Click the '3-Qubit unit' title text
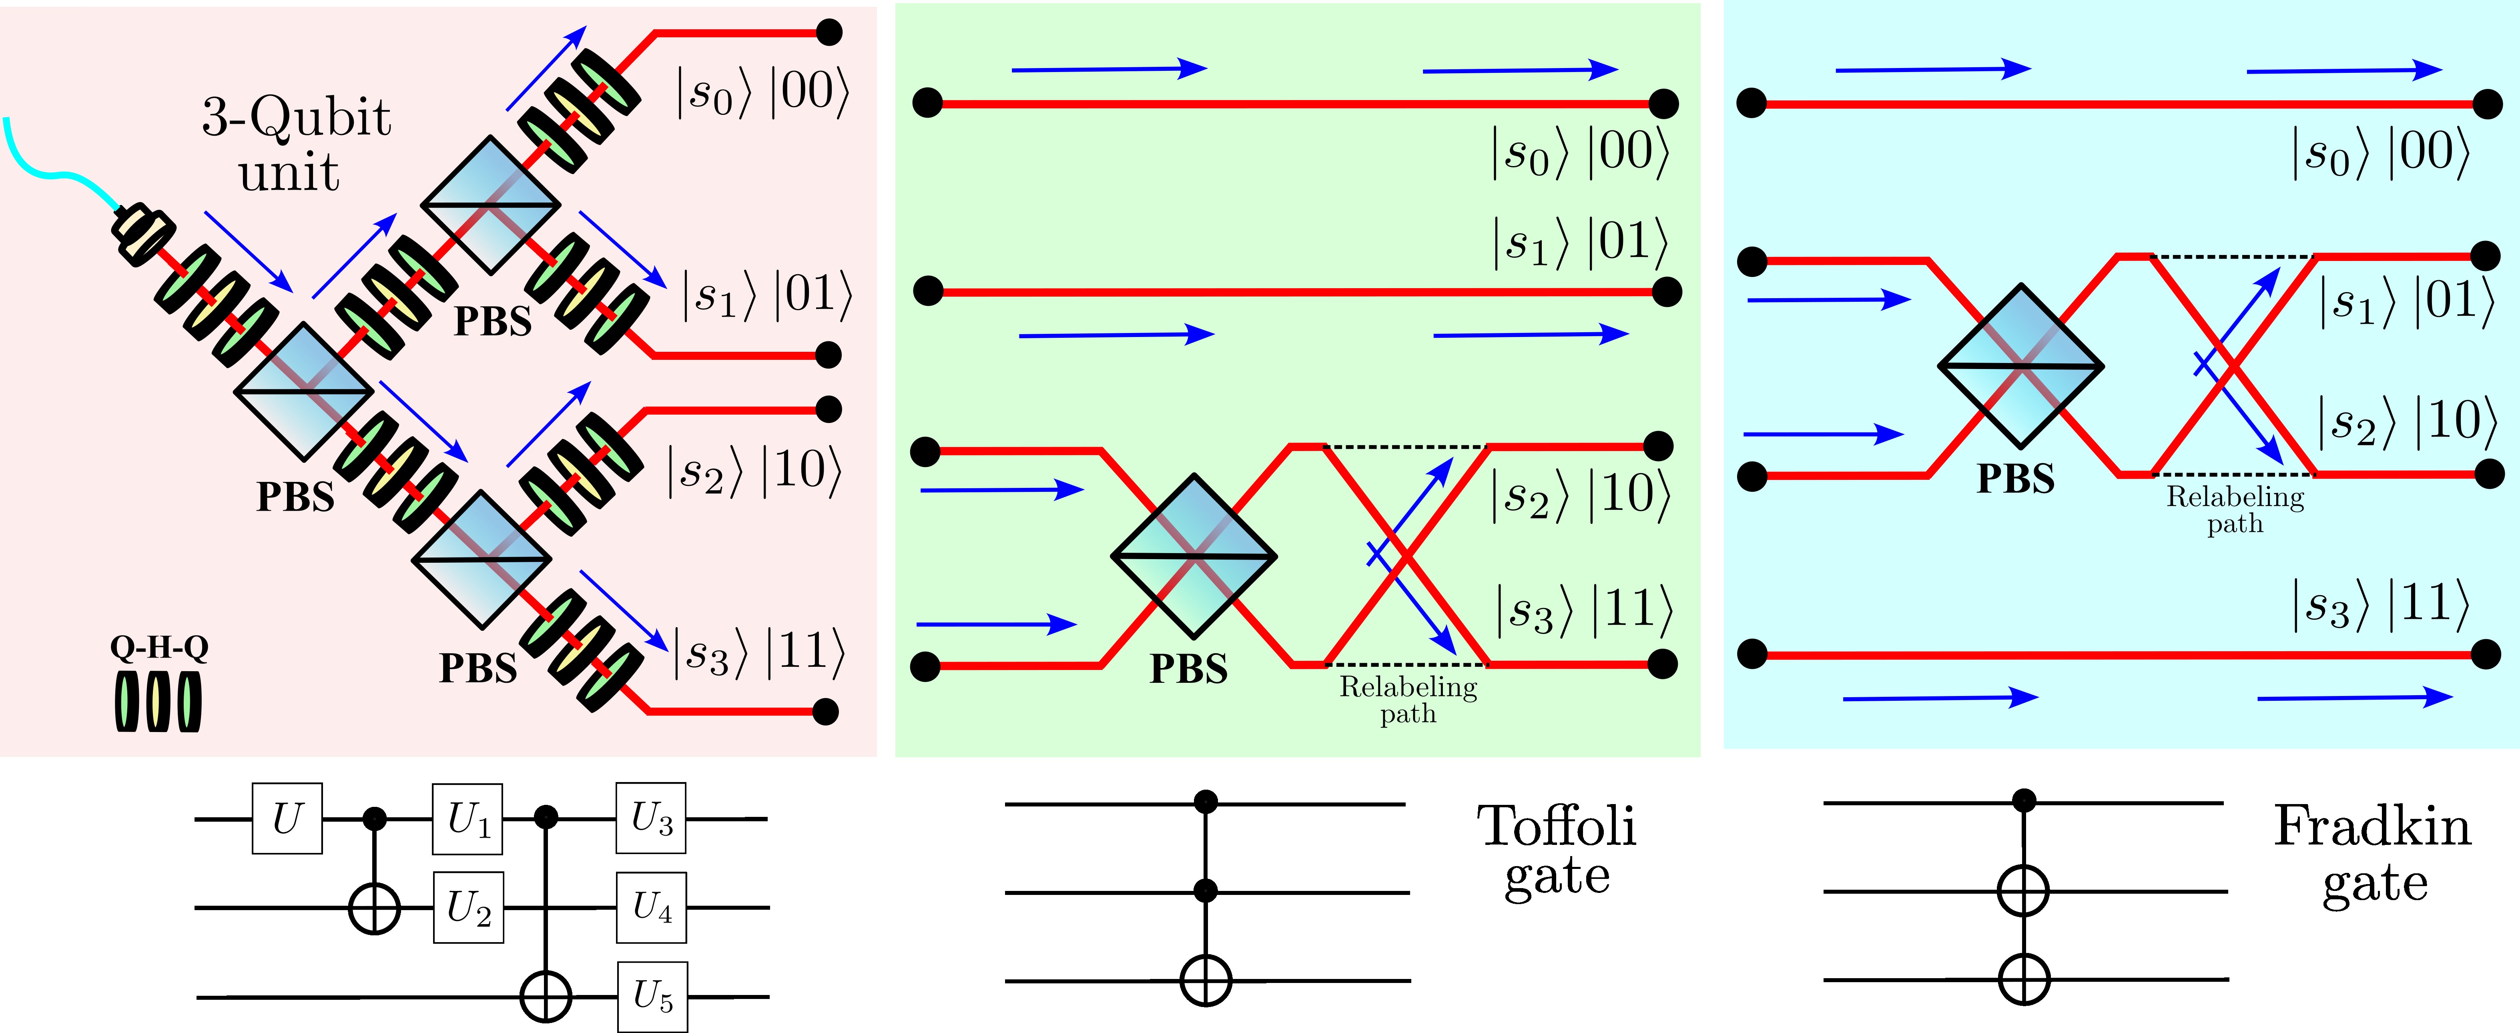pyautogui.click(x=295, y=145)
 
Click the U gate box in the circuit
pyautogui.click(x=287, y=818)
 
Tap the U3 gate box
pyautogui.click(x=650, y=818)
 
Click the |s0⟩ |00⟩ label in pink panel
pyautogui.click(x=763, y=93)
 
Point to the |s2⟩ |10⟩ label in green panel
pyautogui.click(x=1580, y=495)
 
